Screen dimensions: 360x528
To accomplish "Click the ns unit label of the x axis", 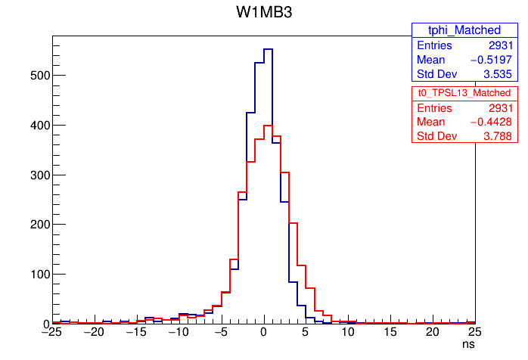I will [469, 344].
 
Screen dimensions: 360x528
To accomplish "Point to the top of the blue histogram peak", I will [268, 49].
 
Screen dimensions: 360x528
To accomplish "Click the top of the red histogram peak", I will [268, 126].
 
